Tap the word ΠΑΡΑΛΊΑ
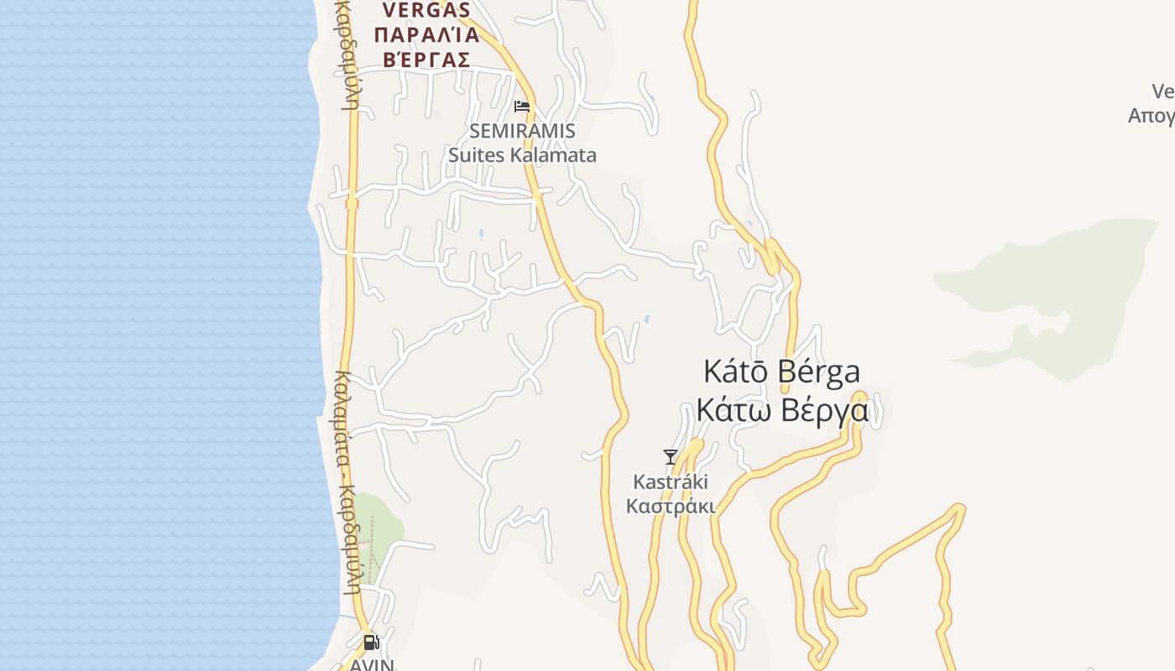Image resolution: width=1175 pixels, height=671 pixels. click(426, 35)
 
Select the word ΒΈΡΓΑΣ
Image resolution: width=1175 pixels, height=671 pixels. click(426, 60)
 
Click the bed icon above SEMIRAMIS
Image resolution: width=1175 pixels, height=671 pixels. click(522, 107)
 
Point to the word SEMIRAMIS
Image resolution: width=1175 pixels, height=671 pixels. click(522, 132)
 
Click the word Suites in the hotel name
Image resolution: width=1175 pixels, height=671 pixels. click(474, 155)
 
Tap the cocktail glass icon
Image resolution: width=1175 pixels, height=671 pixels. click(670, 457)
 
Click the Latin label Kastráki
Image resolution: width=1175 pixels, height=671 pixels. click(671, 482)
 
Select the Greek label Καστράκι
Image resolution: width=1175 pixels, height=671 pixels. click(671, 507)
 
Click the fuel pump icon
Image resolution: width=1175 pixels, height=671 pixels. click(371, 643)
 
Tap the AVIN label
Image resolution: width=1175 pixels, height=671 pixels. click(372, 664)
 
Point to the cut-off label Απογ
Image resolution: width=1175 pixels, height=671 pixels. click(1151, 116)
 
